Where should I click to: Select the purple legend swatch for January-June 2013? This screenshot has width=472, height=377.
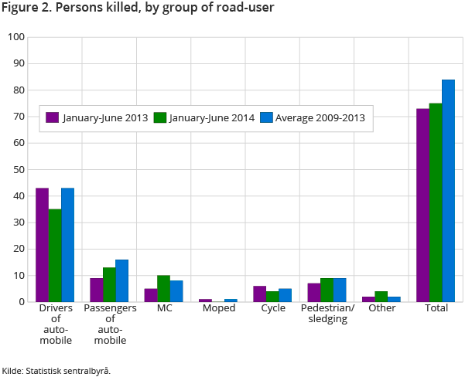click(x=53, y=117)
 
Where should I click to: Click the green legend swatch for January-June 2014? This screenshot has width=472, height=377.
click(x=161, y=117)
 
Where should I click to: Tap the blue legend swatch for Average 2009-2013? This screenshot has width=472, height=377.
click(x=266, y=117)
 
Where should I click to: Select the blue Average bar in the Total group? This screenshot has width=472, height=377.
click(x=448, y=191)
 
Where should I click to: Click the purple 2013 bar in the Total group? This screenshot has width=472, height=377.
click(x=422, y=205)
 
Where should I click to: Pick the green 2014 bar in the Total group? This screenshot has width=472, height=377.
click(x=436, y=202)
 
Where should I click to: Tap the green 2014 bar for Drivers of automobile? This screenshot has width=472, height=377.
click(x=55, y=255)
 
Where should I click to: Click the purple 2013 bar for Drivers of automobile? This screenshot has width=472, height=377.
click(x=42, y=245)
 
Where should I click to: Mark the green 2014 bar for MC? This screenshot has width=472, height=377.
click(x=163, y=288)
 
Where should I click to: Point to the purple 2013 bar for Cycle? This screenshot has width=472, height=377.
click(x=259, y=294)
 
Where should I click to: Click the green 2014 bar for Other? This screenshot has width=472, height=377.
click(x=381, y=297)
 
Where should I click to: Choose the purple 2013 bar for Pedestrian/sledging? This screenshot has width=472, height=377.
click(x=313, y=293)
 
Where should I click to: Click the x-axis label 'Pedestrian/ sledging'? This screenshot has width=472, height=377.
click(x=327, y=314)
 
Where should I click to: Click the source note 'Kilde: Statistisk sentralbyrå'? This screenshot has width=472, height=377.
click(x=56, y=370)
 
